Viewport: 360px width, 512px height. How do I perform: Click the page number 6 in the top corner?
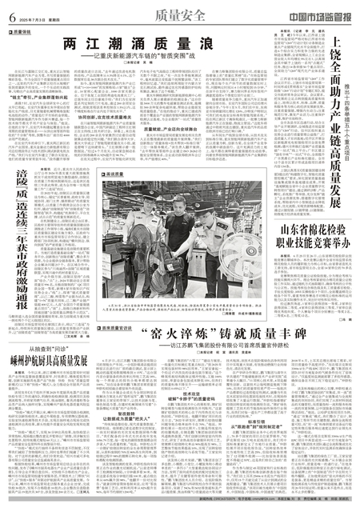coord(12,14)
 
